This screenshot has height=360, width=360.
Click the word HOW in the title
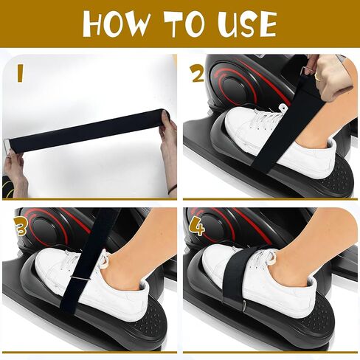(116, 24)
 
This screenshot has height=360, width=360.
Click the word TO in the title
(184, 24)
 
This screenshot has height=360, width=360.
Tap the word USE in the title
(246, 24)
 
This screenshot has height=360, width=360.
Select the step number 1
(20, 73)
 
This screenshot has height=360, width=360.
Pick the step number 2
(197, 74)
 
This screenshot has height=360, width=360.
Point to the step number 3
(21, 226)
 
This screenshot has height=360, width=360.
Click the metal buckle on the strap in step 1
(7, 148)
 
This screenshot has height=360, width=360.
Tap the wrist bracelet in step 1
(173, 189)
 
